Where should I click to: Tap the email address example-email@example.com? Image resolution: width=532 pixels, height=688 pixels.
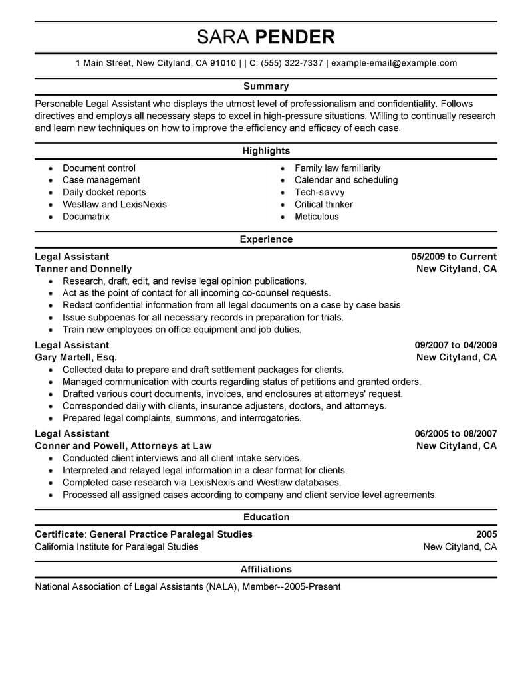tap(394, 63)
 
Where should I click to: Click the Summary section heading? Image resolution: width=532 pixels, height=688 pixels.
tap(266, 86)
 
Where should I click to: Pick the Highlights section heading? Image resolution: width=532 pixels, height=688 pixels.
tap(266, 151)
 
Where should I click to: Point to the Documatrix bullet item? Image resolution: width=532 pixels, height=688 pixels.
tap(86, 217)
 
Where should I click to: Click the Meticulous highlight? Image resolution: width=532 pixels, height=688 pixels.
tap(317, 217)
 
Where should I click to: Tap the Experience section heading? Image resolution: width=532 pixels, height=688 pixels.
tap(266, 239)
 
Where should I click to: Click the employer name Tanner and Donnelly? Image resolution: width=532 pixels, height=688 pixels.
tap(83, 269)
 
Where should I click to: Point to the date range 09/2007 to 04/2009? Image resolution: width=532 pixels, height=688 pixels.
tap(456, 345)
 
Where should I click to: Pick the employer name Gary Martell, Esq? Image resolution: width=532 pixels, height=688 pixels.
tap(75, 357)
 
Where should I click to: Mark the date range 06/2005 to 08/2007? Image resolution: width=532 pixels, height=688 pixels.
tap(456, 433)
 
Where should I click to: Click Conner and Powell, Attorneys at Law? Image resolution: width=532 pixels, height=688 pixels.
tap(123, 445)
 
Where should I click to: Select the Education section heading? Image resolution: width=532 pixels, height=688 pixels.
tap(266, 516)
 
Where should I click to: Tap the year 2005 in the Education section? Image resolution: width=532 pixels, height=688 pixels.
tap(486, 534)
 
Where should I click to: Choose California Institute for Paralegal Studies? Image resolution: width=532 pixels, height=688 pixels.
tap(116, 546)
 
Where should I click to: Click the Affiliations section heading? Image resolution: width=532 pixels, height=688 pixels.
tap(266, 569)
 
